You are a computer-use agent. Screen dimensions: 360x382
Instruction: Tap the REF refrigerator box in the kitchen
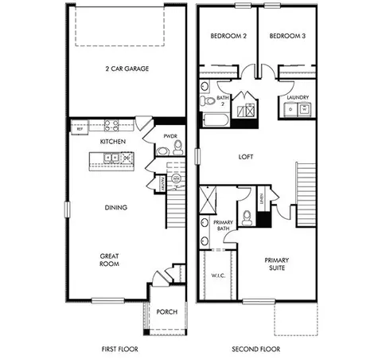point(79,127)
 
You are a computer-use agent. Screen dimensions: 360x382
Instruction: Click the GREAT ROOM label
point(110,260)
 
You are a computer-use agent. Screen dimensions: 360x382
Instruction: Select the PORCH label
point(166,312)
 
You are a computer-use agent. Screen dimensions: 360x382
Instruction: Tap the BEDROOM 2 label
point(228,37)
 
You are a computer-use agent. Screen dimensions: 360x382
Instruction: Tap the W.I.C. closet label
point(219,276)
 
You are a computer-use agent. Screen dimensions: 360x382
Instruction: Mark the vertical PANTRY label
point(162,184)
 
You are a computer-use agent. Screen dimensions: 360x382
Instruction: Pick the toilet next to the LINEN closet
point(248,213)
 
